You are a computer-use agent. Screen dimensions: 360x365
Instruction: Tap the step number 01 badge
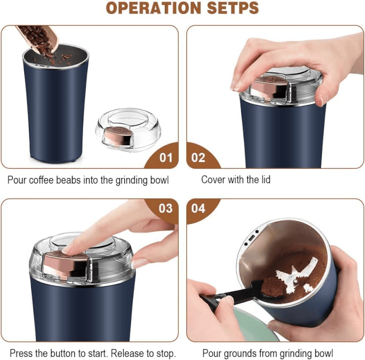pyautogui.click(x=166, y=157)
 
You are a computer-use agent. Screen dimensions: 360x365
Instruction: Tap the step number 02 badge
pyautogui.click(x=198, y=157)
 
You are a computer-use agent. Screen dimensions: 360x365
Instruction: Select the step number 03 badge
pyautogui.click(x=166, y=208)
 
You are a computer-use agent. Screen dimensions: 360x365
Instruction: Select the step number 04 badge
pyautogui.click(x=198, y=208)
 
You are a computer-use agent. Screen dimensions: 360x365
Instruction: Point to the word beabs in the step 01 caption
pyautogui.click(x=69, y=180)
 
